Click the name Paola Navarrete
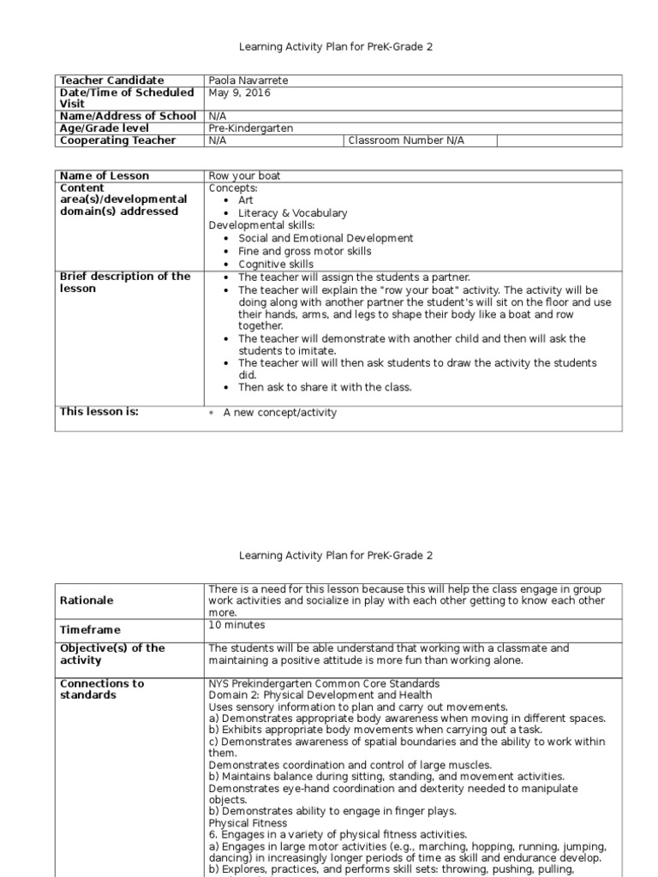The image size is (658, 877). pyautogui.click(x=248, y=81)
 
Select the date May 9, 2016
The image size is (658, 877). pyautogui.click(x=239, y=92)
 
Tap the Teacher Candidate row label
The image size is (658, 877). pyautogui.click(x=111, y=81)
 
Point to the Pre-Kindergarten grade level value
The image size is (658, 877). pyautogui.click(x=250, y=128)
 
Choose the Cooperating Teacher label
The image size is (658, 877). pyautogui.click(x=117, y=140)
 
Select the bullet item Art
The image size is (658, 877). pyautogui.click(x=247, y=200)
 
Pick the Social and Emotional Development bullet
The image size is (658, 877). pyautogui.click(x=326, y=238)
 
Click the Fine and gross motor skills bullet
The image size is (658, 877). pyautogui.click(x=305, y=252)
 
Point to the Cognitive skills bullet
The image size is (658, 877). pyautogui.click(x=276, y=265)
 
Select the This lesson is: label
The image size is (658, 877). pyautogui.click(x=99, y=412)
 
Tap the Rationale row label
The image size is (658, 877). pyautogui.click(x=86, y=600)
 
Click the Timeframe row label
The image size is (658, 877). pyautogui.click(x=89, y=629)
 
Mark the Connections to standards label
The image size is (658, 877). pyautogui.click(x=101, y=689)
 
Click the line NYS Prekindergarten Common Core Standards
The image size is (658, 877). pyautogui.click(x=324, y=683)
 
